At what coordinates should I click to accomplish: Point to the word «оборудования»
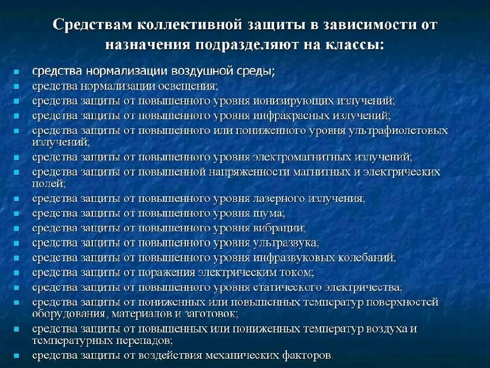coord(68,313)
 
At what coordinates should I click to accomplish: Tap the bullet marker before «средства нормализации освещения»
coord(17,86)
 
